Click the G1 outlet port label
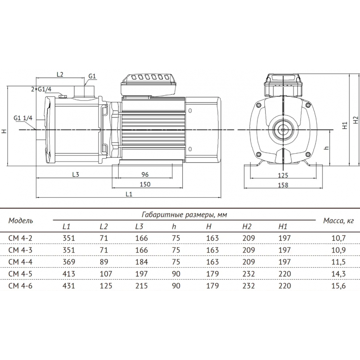pyautogui.click(x=92, y=76)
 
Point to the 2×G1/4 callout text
pyautogui.click(x=41, y=89)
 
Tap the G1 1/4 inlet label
pyautogui.click(x=23, y=118)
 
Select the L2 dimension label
pyautogui.click(x=60, y=75)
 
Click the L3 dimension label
pyautogui.click(x=76, y=175)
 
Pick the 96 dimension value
pyautogui.click(x=145, y=175)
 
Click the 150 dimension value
pyautogui.click(x=145, y=184)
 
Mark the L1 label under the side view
pyautogui.click(x=129, y=194)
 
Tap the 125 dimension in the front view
pyautogui.click(x=283, y=175)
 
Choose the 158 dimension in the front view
pyautogui.click(x=283, y=185)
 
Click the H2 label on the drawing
pyautogui.click(x=355, y=120)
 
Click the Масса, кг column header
pyautogui.click(x=338, y=221)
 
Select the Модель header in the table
pyautogui.click(x=21, y=221)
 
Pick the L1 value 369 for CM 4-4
pyautogui.click(x=69, y=262)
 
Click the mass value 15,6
pyautogui.click(x=339, y=285)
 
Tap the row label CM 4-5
pyautogui.click(x=21, y=274)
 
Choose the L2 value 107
pyautogui.click(x=106, y=274)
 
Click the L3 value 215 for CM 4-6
pyautogui.click(x=141, y=285)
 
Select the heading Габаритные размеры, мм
pyautogui.click(x=184, y=215)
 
